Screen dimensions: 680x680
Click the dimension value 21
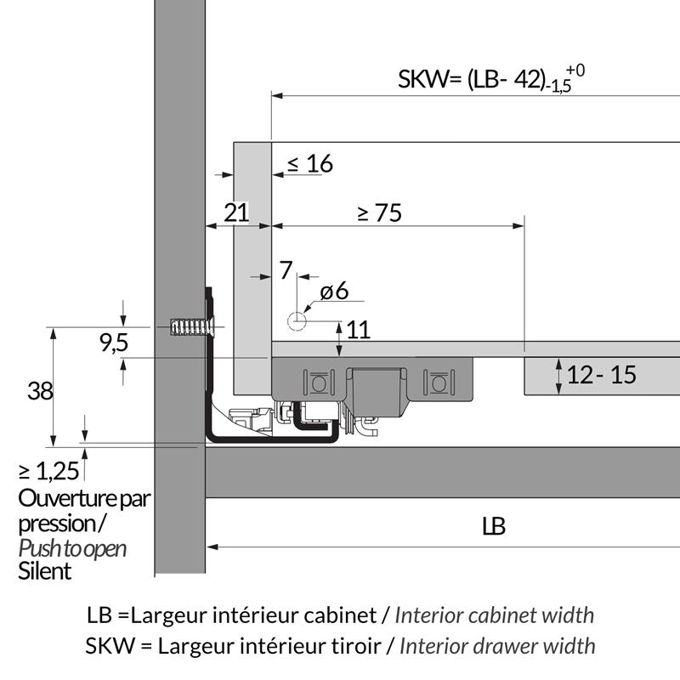pos(236,212)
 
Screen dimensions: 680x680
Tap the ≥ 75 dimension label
pos(380,213)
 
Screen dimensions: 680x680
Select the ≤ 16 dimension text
pos(310,163)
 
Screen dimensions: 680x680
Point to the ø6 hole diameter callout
pos(334,291)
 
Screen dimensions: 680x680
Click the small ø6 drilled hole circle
pos(297,321)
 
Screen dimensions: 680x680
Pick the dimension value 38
pos(40,390)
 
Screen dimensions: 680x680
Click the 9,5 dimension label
pos(114,343)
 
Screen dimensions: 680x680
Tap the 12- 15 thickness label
pos(602,375)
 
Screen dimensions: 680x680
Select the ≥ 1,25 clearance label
pos(49,471)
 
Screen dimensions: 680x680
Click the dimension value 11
pos(358,330)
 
